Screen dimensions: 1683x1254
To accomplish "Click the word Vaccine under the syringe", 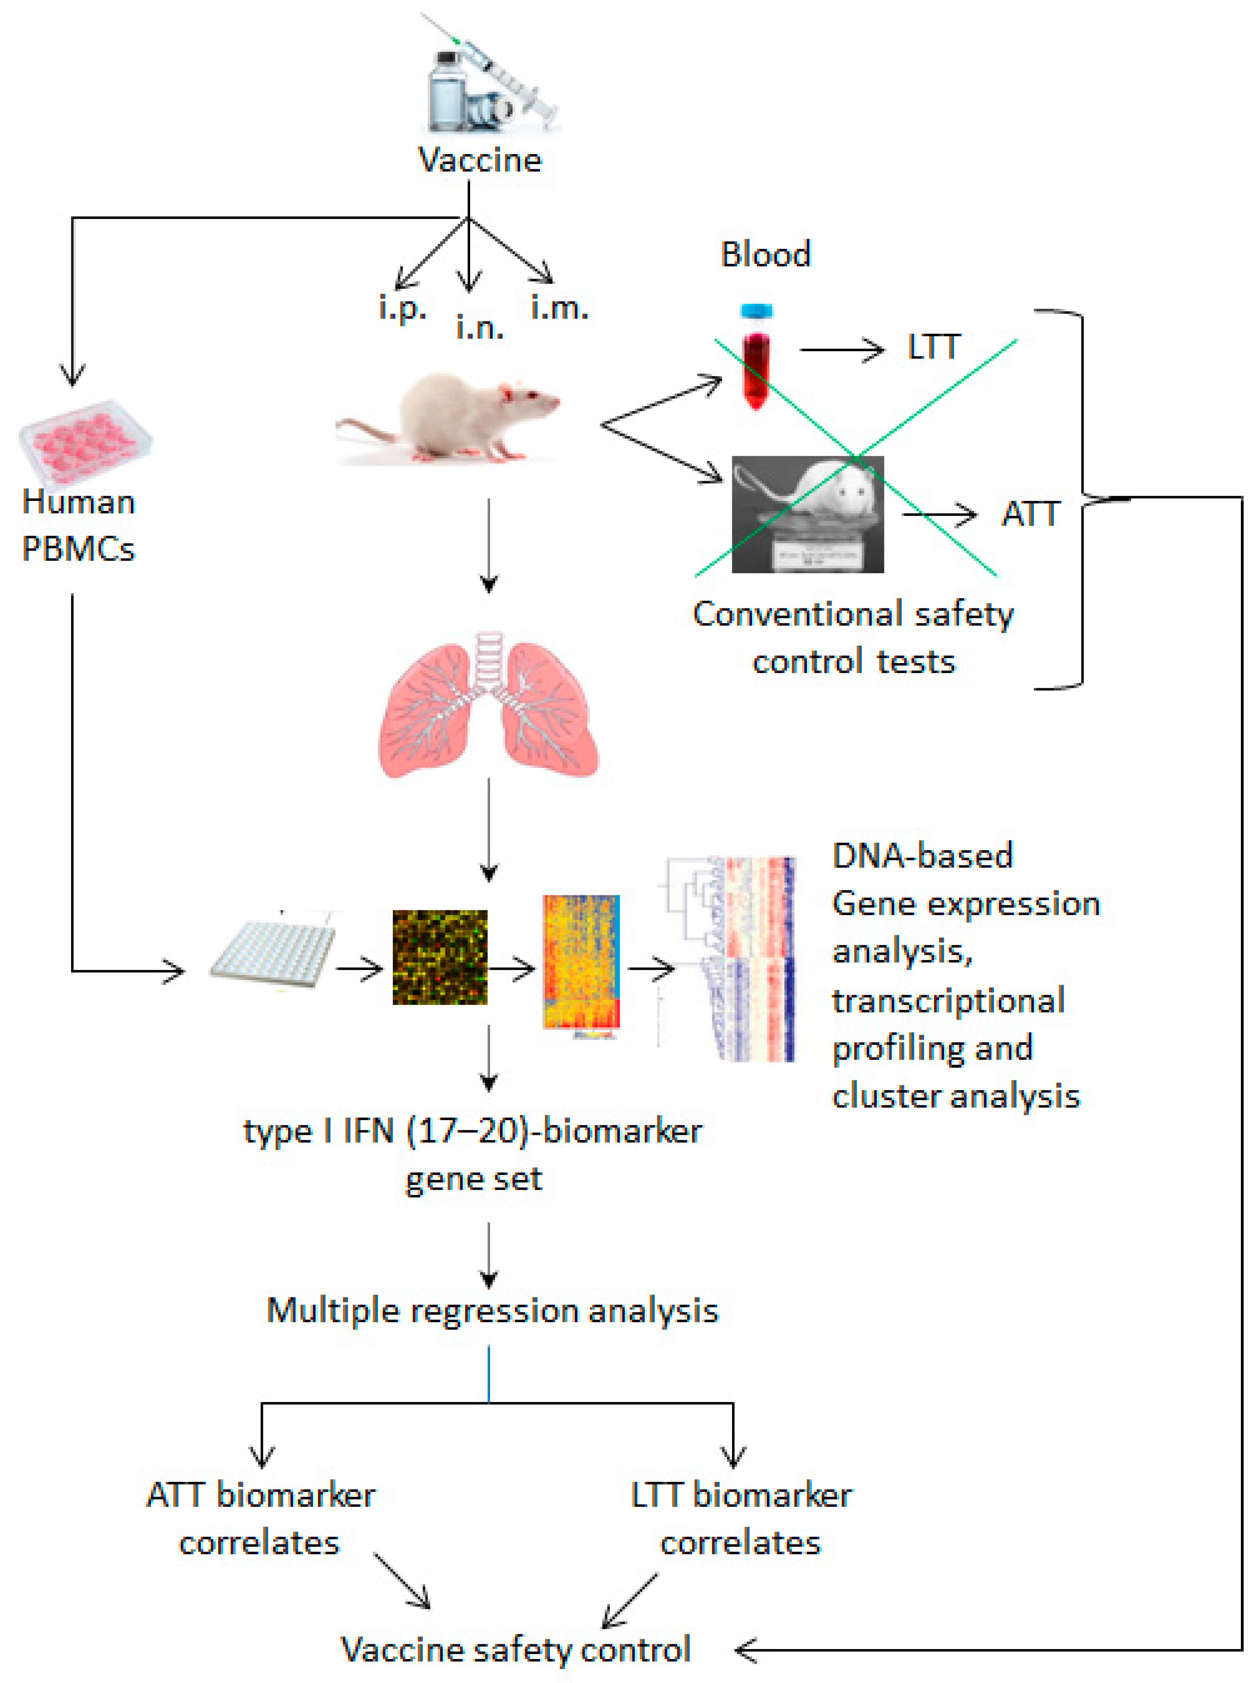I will pyautogui.click(x=480, y=160).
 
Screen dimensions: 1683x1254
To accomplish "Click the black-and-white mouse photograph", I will pyautogui.click(x=807, y=514).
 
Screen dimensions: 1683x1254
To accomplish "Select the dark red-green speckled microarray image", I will pyautogui.click(x=439, y=956).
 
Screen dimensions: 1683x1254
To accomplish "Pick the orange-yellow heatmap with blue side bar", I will pyautogui.click(x=581, y=962).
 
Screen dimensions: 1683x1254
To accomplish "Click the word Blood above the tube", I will pyautogui.click(x=765, y=254).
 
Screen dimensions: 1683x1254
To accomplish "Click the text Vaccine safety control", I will pyautogui.click(x=515, y=1649).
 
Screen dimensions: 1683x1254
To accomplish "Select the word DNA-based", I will pyautogui.click(x=922, y=855).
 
